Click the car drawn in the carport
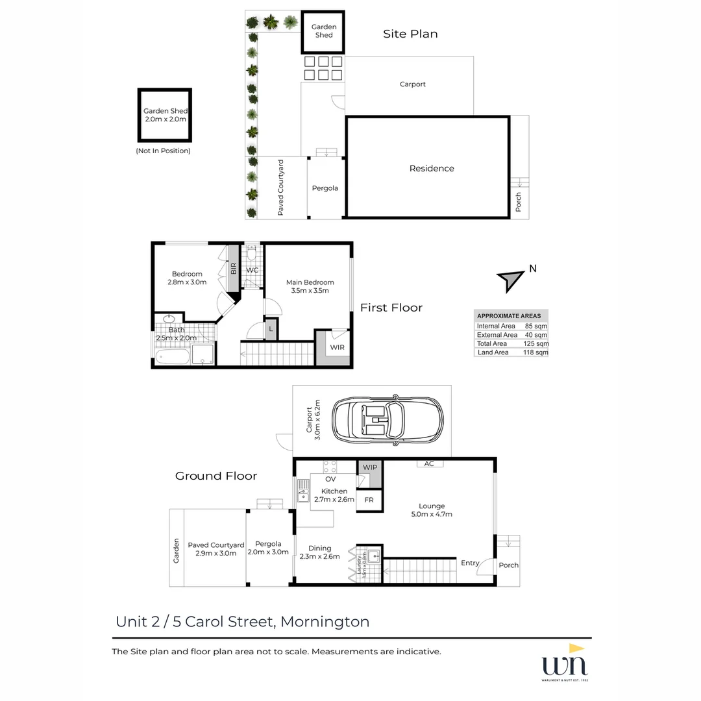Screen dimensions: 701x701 tap(387, 420)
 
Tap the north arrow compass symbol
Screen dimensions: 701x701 tap(511, 280)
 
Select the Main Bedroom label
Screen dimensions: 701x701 tap(310, 286)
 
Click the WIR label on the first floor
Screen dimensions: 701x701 tap(337, 348)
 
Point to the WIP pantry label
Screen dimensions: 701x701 tap(370, 467)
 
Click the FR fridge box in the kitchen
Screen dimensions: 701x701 tap(369, 500)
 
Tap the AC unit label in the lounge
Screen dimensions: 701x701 tap(428, 463)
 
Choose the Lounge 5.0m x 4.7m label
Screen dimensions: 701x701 tap(432, 510)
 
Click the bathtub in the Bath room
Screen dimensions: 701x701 tap(171, 355)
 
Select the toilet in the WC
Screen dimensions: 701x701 tap(252, 251)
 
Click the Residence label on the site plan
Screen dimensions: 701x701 tap(432, 168)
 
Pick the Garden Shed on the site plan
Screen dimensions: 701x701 tap(323, 31)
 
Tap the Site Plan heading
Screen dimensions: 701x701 tap(410, 34)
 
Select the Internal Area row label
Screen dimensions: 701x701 tap(496, 326)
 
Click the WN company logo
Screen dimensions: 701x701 tap(565, 664)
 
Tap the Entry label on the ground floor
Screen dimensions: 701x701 tap(470, 563)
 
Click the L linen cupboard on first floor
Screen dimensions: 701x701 tap(270, 328)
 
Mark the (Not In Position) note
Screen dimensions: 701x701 tap(163, 151)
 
